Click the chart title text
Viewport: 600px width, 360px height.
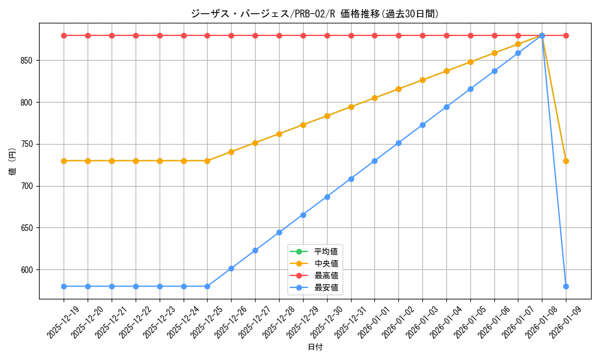tap(315, 14)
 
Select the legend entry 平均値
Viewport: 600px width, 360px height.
tap(326, 251)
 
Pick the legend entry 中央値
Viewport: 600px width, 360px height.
tap(326, 263)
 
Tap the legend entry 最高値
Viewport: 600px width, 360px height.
tap(326, 275)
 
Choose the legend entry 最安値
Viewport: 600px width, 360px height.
tap(326, 287)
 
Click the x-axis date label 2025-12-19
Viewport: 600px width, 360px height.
tap(62, 323)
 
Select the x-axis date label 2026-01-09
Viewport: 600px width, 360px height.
tap(564, 323)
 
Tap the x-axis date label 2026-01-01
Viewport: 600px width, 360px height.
tap(373, 323)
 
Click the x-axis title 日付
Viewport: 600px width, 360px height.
tap(315, 347)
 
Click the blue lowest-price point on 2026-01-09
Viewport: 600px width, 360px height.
tap(566, 286)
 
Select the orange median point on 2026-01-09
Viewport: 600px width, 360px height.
tap(566, 161)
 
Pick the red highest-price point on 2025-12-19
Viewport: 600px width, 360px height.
tap(64, 35)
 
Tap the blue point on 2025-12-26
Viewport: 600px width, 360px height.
tap(231, 268)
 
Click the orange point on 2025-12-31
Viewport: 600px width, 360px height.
tap(351, 107)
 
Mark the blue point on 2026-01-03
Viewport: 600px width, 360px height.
tap(422, 125)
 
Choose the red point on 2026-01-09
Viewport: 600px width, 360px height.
tap(566, 35)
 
